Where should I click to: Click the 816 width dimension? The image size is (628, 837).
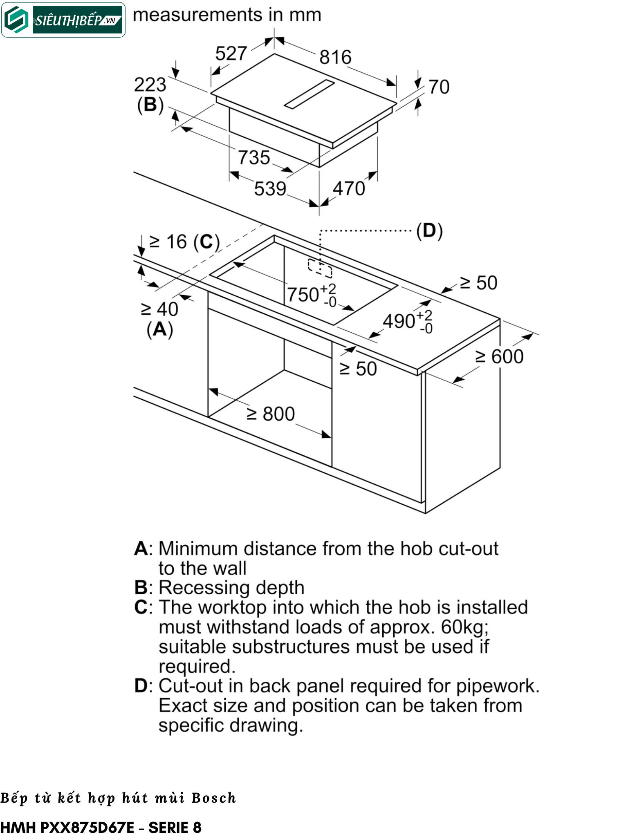335,57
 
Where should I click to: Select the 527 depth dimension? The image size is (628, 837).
231,54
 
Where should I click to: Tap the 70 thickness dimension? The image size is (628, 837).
439,87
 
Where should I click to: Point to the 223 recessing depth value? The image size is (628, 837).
150,85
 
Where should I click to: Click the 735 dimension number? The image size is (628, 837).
254,158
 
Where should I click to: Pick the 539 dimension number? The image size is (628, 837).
270,189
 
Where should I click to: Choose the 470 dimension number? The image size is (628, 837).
348,189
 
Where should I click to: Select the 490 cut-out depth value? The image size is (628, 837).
399,321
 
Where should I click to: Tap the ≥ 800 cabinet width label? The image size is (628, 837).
271,414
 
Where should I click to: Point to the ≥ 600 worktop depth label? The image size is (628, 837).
499,356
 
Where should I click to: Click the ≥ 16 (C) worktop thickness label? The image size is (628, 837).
184,242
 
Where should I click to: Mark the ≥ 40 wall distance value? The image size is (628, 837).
159,309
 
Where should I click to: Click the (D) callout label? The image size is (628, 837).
429,231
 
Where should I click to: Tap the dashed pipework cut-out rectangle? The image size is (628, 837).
320,268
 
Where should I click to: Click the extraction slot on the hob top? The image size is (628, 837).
310,94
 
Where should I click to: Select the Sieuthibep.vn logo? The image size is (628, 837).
63,20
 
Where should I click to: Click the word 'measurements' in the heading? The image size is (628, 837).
197,15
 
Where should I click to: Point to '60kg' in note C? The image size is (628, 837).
464,627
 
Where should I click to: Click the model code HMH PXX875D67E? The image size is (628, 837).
67,828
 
